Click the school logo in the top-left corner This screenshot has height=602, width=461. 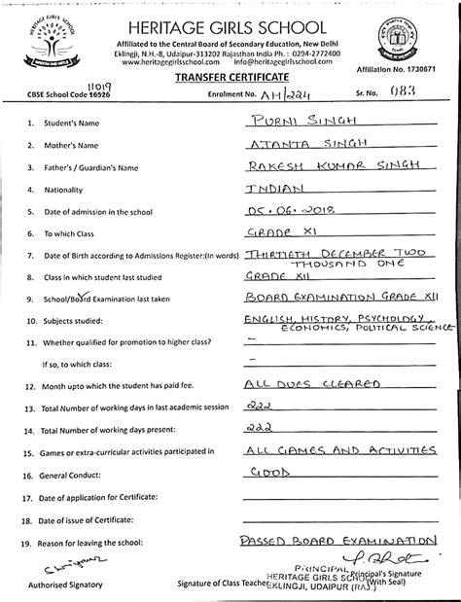[x=45, y=41]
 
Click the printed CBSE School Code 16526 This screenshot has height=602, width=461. [x=92, y=93]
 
